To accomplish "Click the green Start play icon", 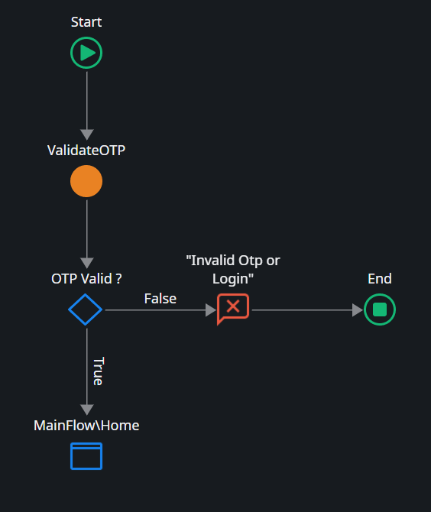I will pyautogui.click(x=86, y=53).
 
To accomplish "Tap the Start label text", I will pyautogui.click(x=86, y=22).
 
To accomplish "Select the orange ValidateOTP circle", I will pyautogui.click(x=86, y=181).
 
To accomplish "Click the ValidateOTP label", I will pyautogui.click(x=86, y=150).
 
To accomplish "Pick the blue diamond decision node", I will pyautogui.click(x=86, y=309).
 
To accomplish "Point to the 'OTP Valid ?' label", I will pyautogui.click(x=86, y=279).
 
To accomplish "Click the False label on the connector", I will pyautogui.click(x=160, y=299).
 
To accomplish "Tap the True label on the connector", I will pyautogui.click(x=98, y=371).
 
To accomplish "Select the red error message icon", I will pyautogui.click(x=233, y=309).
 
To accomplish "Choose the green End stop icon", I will pyautogui.click(x=380, y=309).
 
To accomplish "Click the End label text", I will pyautogui.click(x=380, y=279).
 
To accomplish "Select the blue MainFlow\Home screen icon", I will pyautogui.click(x=86, y=455).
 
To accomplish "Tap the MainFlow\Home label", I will pyautogui.click(x=86, y=425).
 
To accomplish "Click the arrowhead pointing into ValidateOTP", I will pyautogui.click(x=86, y=134).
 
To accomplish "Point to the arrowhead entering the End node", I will pyautogui.click(x=357, y=310).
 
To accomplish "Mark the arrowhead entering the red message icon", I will pyautogui.click(x=211, y=310).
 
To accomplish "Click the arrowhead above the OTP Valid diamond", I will pyautogui.click(x=86, y=263).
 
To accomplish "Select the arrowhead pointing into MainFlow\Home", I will pyautogui.click(x=86, y=409).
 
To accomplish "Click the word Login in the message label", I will pyautogui.click(x=233, y=279).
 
